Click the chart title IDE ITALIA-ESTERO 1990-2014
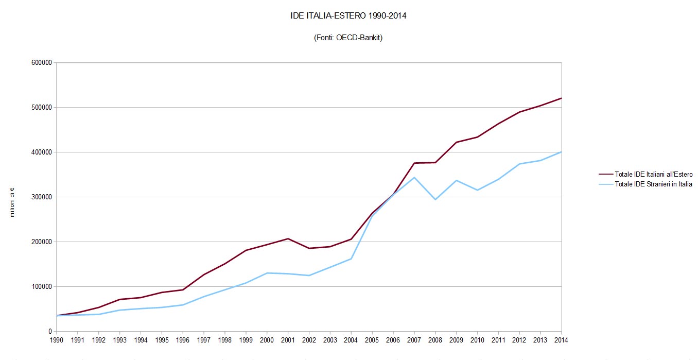pos(348,16)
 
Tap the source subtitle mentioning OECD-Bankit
pos(348,38)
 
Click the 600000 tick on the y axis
pos(41,63)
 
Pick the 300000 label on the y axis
pos(41,197)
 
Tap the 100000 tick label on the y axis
pos(41,287)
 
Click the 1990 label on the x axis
pos(57,340)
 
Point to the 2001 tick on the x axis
pos(288,340)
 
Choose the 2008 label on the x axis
pos(435,340)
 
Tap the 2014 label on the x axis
pos(561,340)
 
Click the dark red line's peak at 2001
pos(288,238)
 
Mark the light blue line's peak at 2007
pos(414,177)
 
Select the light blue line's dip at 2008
pos(435,199)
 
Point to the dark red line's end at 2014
pos(561,98)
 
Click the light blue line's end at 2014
pos(561,152)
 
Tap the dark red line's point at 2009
pos(456,142)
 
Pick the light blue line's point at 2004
pos(351,259)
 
